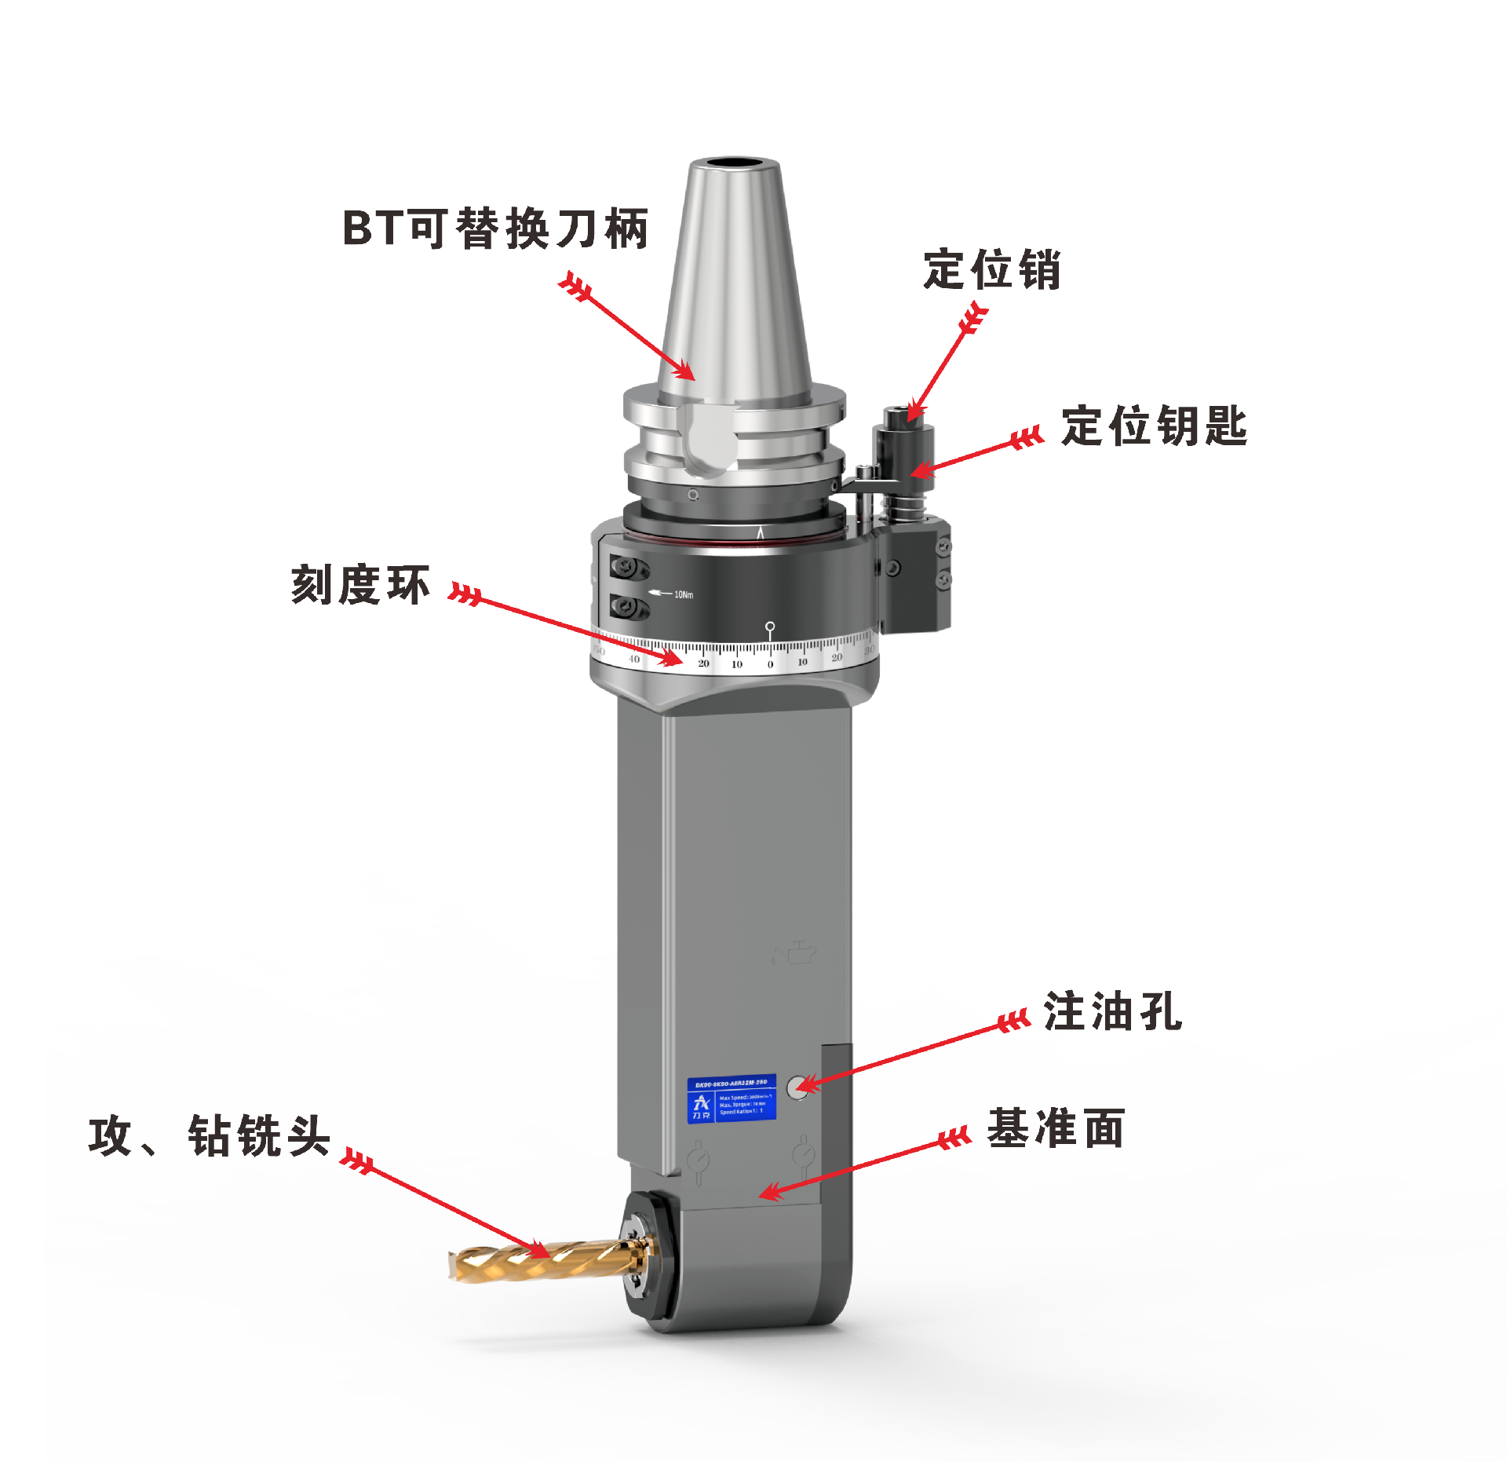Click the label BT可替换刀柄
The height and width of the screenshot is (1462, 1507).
[495, 228]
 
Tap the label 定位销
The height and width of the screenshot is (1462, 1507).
[992, 269]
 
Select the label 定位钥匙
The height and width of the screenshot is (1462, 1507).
[1154, 426]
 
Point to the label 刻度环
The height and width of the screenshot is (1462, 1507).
[360, 585]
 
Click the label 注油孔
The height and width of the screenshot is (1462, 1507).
[1112, 1011]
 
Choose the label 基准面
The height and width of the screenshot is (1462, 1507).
[1056, 1128]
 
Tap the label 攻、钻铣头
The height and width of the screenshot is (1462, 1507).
[210, 1135]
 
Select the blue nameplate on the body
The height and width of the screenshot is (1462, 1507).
[732, 1098]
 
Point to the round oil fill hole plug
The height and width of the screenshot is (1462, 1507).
[798, 1087]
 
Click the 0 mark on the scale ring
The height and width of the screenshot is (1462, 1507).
[770, 664]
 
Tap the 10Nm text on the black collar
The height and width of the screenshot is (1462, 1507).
[684, 594]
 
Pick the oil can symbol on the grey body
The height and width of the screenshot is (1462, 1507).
[794, 953]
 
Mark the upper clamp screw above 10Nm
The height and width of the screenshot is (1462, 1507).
[628, 566]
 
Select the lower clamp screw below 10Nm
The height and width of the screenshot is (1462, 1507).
[628, 606]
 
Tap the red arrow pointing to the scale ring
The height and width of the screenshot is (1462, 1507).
[565, 625]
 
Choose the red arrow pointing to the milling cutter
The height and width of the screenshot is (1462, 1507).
[447, 1209]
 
